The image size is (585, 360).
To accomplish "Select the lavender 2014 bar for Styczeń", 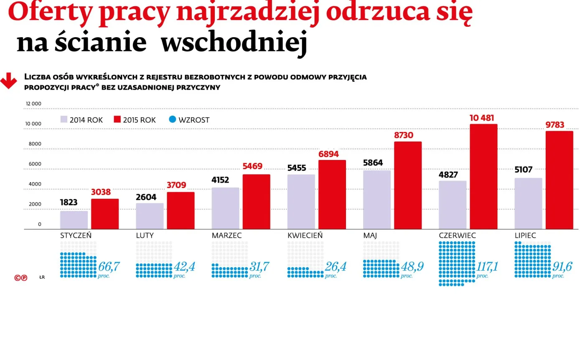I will click(74, 220).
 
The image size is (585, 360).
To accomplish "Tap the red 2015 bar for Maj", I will click(408, 185).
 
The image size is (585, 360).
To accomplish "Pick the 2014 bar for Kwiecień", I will click(301, 202).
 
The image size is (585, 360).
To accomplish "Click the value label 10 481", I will click(481, 118).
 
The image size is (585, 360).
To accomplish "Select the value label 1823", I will click(69, 203).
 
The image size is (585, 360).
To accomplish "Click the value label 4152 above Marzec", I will click(220, 180).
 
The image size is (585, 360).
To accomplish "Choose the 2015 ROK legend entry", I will click(135, 120).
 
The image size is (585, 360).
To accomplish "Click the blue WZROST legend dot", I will click(173, 119).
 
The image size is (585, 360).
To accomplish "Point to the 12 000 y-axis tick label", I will click(33, 104).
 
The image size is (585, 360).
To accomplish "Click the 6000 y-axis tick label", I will click(35, 164).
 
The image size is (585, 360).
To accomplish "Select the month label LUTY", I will click(145, 236).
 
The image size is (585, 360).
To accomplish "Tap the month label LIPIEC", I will click(525, 236).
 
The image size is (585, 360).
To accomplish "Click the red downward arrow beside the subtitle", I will click(8, 81).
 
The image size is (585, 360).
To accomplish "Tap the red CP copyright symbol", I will click(21, 277).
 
